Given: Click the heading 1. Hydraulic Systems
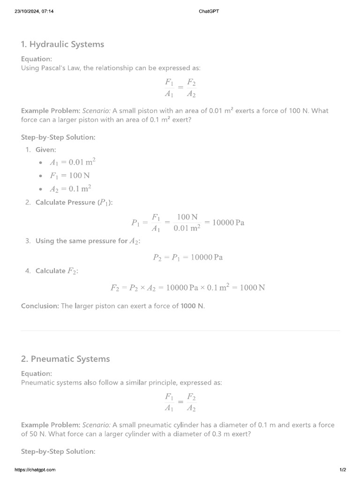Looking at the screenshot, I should point(62,45).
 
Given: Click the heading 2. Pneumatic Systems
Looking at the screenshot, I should point(65,359).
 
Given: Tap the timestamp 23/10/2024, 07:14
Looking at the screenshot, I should point(34,11).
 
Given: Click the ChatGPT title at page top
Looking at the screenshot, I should point(209,11).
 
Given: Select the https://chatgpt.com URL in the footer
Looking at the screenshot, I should point(35,470).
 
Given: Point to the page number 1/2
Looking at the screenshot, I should point(343,470).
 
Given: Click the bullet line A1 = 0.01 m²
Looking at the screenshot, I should point(73,162).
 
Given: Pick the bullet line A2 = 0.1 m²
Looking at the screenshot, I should point(70,189).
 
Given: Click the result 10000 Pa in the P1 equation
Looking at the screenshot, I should point(228,223).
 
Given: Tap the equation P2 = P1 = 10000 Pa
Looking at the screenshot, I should point(187,257).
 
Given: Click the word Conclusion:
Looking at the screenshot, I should point(40,306).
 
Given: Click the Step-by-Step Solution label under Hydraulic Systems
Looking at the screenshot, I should point(58,137).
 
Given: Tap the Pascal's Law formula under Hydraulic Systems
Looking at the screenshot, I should point(180,88).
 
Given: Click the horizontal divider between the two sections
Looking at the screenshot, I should point(180,331).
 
